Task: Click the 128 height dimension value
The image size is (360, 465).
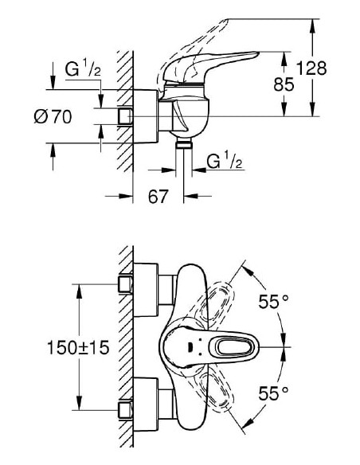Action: (x=311, y=68)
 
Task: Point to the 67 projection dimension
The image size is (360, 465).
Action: (x=158, y=195)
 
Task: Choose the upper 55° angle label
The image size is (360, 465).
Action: (x=272, y=302)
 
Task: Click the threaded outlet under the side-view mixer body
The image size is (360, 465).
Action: (x=184, y=143)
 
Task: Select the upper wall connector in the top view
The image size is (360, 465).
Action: (x=126, y=284)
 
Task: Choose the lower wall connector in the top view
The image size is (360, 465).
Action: (x=126, y=410)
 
